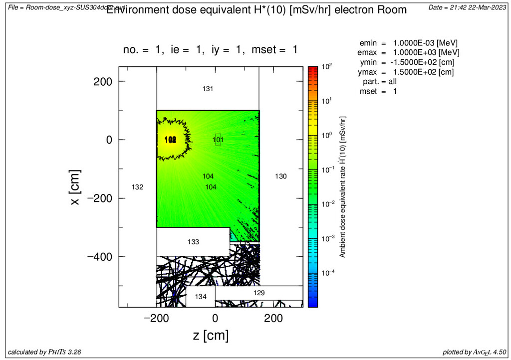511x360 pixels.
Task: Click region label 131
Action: coord(208,89)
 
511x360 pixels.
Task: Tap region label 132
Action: coord(138,187)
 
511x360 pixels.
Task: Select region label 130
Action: coord(281,176)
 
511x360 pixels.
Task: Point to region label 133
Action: coord(193,242)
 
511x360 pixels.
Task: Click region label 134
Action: coord(201,297)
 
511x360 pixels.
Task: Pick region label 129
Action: coord(259,293)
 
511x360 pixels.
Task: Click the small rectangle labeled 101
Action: coord(218,140)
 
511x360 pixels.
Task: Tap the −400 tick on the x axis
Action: coord(100,256)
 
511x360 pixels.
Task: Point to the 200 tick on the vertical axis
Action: coord(104,81)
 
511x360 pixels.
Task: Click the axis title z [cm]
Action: coord(211,336)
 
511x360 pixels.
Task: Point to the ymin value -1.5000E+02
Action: coord(424,62)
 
